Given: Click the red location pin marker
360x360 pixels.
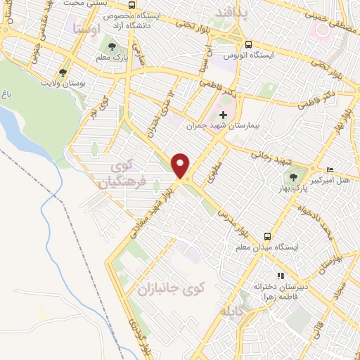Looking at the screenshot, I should point(181,166).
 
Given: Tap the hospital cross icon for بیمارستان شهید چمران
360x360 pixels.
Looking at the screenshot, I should point(224,114).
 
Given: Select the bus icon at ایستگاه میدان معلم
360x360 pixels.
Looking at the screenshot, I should point(267,236).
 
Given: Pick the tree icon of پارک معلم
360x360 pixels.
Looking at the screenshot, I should point(112,47).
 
